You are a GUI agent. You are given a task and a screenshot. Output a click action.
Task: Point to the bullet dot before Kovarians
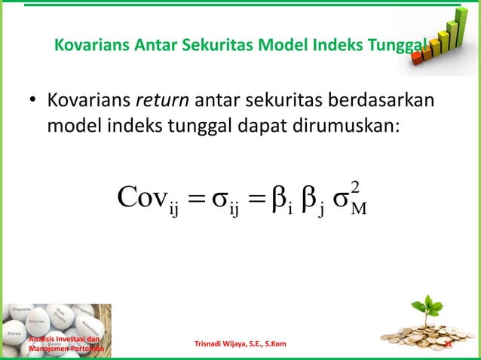pyautogui.click(x=32, y=100)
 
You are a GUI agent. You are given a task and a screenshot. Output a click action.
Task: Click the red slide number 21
pyautogui.click(x=447, y=346)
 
